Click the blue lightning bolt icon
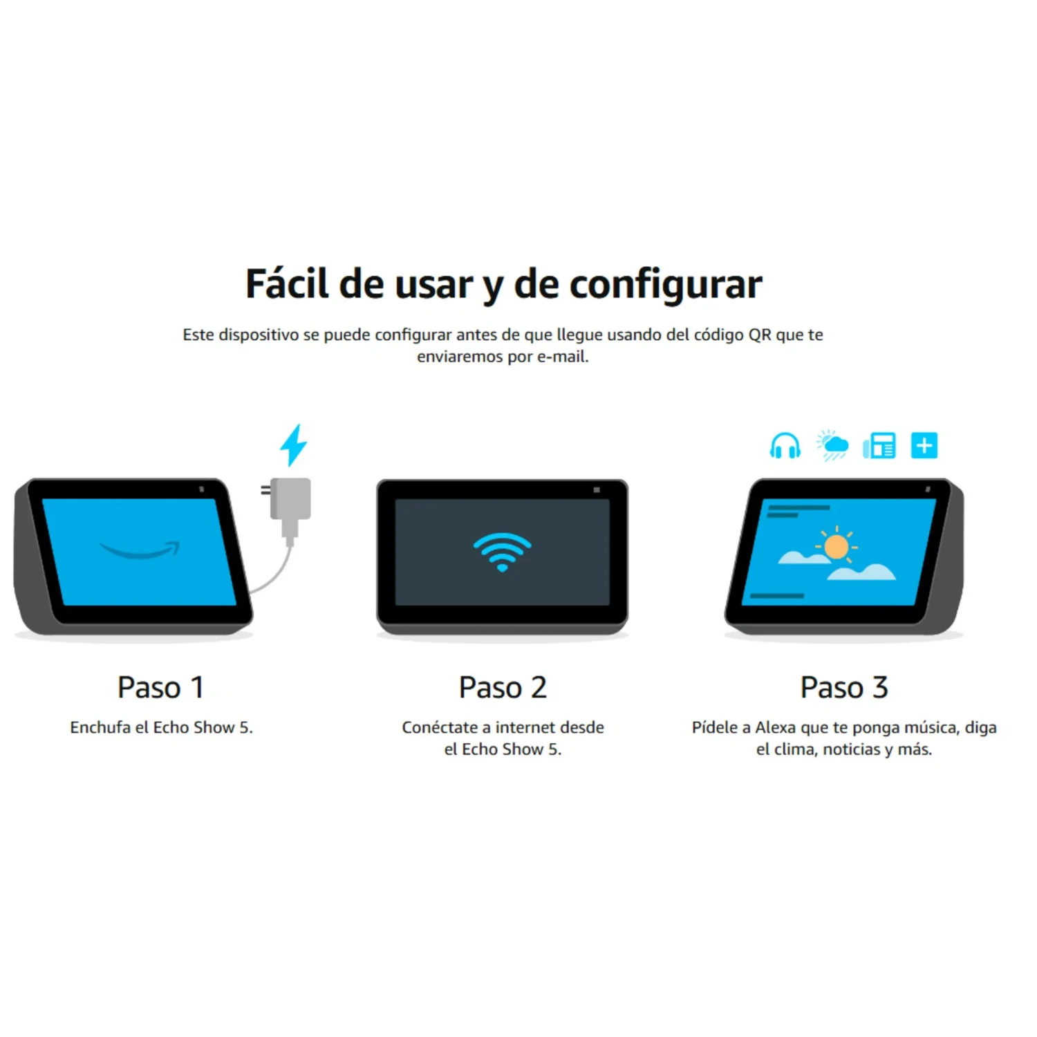pos(294,445)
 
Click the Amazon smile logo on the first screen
pos(140,550)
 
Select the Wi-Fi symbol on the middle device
pos(503,552)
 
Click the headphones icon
pos(785,446)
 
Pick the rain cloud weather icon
pos(832,446)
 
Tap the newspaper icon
pos(879,446)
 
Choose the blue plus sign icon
pos(924,445)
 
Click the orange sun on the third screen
pos(837,546)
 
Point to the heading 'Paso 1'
pos(160,687)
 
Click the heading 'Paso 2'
pos(503,687)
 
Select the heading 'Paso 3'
pos(844,687)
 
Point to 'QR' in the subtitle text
pos(760,335)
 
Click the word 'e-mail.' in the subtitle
pos(563,357)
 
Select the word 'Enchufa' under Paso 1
pos(100,727)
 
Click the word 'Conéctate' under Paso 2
pos(440,727)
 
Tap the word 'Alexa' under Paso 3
pos(775,727)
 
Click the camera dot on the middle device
pos(597,489)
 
